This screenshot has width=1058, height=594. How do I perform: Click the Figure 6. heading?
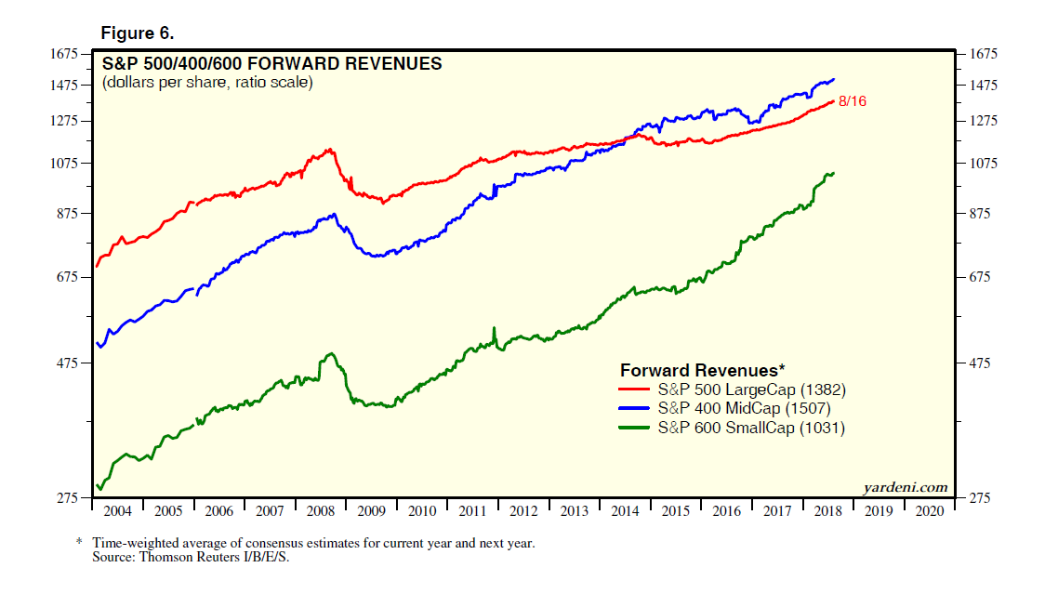pyautogui.click(x=138, y=33)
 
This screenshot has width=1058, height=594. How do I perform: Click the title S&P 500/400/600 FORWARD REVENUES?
pyautogui.click(x=271, y=64)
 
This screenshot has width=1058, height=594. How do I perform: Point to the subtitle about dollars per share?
pyautogui.click(x=207, y=83)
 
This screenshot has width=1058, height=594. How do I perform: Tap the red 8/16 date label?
pyautogui.click(x=852, y=101)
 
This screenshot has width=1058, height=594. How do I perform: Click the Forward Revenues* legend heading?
pyautogui.click(x=703, y=370)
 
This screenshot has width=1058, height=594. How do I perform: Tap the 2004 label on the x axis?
pyautogui.click(x=117, y=511)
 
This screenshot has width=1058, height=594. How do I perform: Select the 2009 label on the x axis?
pyautogui.click(x=371, y=511)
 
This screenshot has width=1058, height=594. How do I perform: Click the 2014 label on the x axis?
pyautogui.click(x=625, y=511)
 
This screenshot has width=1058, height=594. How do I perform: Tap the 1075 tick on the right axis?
pyautogui.click(x=984, y=164)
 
